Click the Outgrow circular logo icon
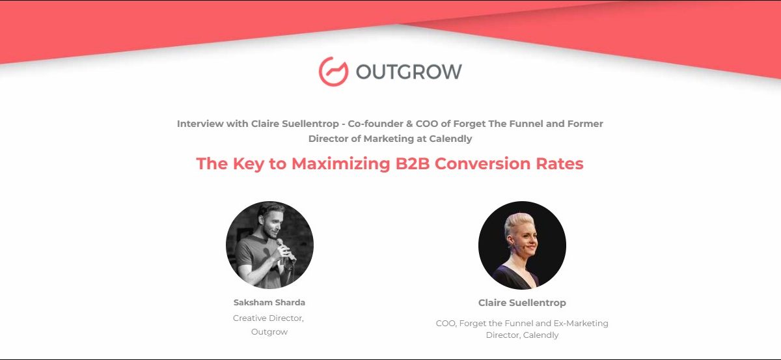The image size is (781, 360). tap(333, 72)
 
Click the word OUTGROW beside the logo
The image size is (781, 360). tap(409, 72)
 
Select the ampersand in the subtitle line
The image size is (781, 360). tap(409, 124)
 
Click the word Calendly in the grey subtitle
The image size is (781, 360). tap(450, 139)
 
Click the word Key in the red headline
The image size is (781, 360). tap(248, 163)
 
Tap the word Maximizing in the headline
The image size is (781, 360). tap(340, 163)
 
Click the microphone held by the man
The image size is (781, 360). tap(285, 250)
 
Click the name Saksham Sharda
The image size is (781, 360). tap(269, 303)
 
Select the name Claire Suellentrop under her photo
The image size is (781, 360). tap(522, 303)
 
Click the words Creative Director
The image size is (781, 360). tap(268, 318)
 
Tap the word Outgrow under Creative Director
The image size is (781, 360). tap(269, 332)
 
